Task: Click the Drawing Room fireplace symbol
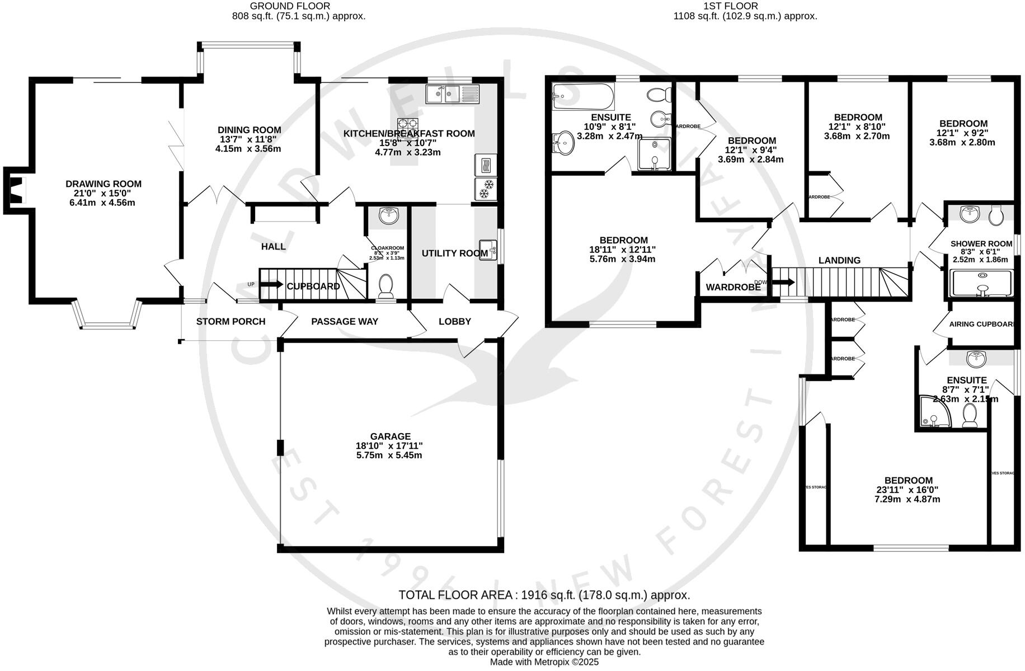17,190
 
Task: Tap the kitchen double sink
452,94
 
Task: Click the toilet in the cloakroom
385,286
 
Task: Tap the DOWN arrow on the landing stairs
782,282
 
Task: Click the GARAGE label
390,436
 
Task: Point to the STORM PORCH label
231,321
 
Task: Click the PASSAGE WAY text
345,321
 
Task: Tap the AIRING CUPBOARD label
982,324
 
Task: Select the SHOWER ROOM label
981,243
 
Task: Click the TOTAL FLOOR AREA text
544,595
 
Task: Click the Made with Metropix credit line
544,662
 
